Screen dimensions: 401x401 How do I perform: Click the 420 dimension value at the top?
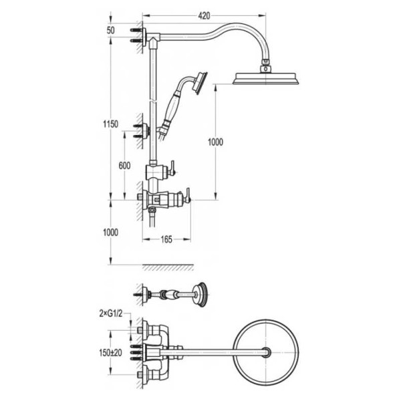pyautogui.click(x=204, y=16)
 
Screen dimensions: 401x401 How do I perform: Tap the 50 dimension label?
pyautogui.click(x=110, y=31)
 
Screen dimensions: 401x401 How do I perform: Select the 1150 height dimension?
pyautogui.click(x=110, y=124)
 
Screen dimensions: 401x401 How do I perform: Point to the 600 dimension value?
pyautogui.click(x=124, y=166)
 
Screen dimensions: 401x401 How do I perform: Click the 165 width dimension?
pyautogui.click(x=166, y=239)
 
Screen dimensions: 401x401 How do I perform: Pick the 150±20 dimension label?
pyautogui.click(x=110, y=353)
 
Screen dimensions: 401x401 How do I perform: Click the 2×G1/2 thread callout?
pyautogui.click(x=110, y=313)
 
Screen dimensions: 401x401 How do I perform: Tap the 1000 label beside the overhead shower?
pyautogui.click(x=215, y=142)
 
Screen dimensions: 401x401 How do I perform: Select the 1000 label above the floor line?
pyautogui.click(x=110, y=233)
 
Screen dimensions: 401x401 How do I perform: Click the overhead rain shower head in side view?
pyautogui.click(x=266, y=78)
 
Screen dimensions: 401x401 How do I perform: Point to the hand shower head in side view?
pyautogui.click(x=200, y=83)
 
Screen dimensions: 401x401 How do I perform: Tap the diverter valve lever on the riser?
pyautogui.click(x=172, y=168)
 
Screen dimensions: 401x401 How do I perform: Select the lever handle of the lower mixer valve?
pyautogui.click(x=188, y=196)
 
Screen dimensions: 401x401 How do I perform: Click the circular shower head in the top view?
pyautogui.click(x=267, y=352)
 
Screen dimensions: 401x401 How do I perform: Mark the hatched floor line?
pyautogui.click(x=168, y=267)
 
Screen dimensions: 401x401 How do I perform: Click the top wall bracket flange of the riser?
pyautogui.click(x=144, y=37)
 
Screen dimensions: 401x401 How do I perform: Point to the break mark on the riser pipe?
pyautogui.click(x=152, y=102)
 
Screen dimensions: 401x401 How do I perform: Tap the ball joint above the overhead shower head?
pyautogui.click(x=266, y=68)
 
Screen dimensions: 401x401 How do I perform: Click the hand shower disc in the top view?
pyautogui.click(x=200, y=294)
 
